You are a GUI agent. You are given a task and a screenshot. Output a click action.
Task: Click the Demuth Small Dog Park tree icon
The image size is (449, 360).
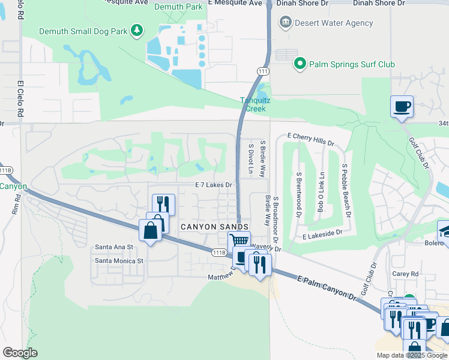(137, 31)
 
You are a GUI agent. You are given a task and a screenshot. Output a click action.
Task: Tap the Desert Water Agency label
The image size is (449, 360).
(334, 23)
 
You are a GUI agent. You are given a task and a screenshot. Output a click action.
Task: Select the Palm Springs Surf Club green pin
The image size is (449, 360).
(299, 63)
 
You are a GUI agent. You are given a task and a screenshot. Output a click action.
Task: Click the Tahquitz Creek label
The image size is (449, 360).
(255, 104)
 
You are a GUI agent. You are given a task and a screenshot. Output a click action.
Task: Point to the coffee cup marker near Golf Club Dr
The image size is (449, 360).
(402, 107)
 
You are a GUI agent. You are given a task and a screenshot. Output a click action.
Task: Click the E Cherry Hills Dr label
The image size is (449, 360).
(310, 140)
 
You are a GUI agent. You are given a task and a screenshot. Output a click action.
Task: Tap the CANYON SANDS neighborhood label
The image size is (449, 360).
(214, 226)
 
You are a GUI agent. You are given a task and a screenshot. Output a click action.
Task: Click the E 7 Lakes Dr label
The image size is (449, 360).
(213, 185)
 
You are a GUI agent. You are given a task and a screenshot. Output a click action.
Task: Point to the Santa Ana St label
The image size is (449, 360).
(114, 247)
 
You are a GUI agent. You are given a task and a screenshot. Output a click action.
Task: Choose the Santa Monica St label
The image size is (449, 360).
(119, 261)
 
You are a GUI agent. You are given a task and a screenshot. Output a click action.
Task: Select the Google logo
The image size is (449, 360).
(20, 353)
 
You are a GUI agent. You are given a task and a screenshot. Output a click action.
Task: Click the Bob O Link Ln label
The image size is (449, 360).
(321, 192)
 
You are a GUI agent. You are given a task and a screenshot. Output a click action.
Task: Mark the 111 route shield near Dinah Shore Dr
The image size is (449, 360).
(262, 71)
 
